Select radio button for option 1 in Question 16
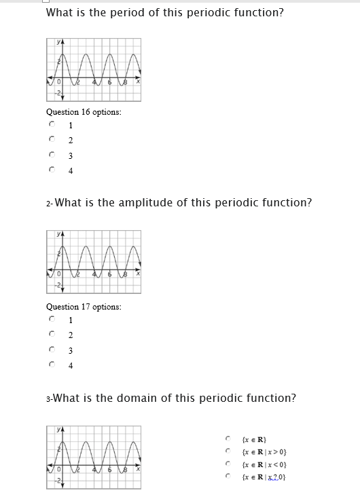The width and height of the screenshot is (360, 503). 52,125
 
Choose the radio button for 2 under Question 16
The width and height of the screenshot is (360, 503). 52,140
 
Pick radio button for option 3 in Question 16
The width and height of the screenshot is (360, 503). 52,155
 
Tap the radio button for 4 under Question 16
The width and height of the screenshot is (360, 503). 52,170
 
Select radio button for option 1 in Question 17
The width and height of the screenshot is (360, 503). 52,318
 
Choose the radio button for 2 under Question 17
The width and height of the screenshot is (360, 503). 52,334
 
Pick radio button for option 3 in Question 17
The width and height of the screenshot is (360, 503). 52,350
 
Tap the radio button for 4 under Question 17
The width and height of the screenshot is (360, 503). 52,365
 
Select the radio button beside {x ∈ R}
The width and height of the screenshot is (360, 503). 230,438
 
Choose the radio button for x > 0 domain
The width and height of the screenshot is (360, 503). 230,451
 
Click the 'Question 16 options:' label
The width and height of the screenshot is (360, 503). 84,112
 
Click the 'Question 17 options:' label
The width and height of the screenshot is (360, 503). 84,307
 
